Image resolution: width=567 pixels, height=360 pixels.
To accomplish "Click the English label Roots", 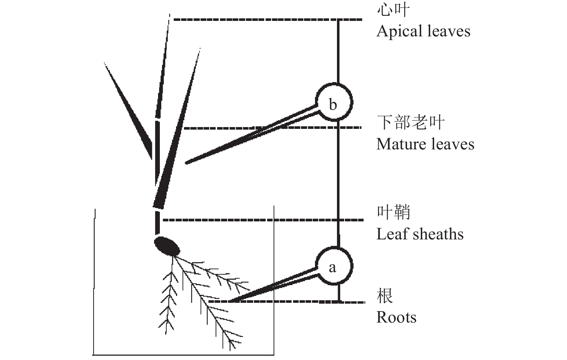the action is point(396,318).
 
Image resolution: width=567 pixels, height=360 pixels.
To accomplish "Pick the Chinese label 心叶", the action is point(393,10).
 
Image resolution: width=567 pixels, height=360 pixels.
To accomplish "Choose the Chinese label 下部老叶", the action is point(411,122).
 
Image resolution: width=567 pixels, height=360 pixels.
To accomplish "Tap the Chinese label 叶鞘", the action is point(393,212).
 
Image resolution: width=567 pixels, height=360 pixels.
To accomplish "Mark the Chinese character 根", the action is point(385,296).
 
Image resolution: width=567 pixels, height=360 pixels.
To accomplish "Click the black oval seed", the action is point(167,246).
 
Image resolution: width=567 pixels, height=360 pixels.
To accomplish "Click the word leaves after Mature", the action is point(453,144).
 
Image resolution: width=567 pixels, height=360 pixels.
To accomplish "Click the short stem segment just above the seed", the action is point(157,223).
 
